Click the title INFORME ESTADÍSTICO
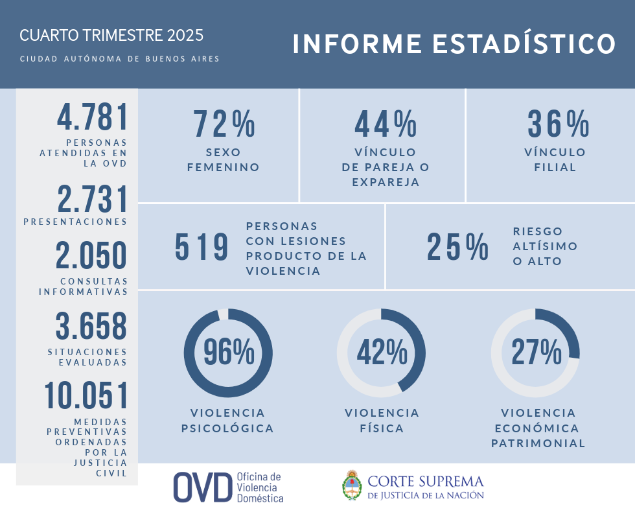[x=454, y=44]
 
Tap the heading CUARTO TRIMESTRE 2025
[x=111, y=35]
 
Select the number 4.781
[x=93, y=118]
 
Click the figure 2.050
[x=91, y=255]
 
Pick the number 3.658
[x=91, y=327]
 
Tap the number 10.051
[x=86, y=396]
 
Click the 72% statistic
[x=224, y=124]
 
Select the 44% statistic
[x=386, y=124]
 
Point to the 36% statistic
[x=558, y=124]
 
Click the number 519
[x=202, y=247]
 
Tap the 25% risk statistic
[x=457, y=247]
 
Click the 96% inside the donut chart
[x=229, y=353]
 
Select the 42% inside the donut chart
[x=382, y=353]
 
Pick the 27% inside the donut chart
[x=536, y=353]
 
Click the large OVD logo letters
[x=202, y=487]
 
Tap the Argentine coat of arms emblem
[x=351, y=485]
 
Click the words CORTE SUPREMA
[x=426, y=482]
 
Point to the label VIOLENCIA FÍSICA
[x=382, y=421]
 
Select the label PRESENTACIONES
[x=75, y=222]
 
